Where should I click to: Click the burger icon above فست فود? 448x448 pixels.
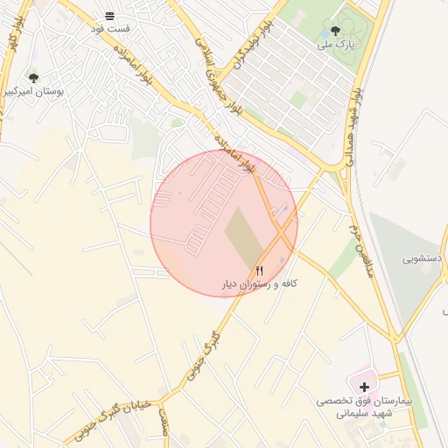tap(110, 16)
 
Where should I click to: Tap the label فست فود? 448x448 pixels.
tap(110, 29)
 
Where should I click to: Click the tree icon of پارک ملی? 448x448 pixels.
tap(335, 31)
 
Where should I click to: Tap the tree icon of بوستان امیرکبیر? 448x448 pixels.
tap(33, 78)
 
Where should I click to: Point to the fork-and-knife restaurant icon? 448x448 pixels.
tap(259, 270)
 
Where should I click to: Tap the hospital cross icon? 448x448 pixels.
tap(364, 386)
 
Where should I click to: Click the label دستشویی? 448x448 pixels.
tap(422, 259)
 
